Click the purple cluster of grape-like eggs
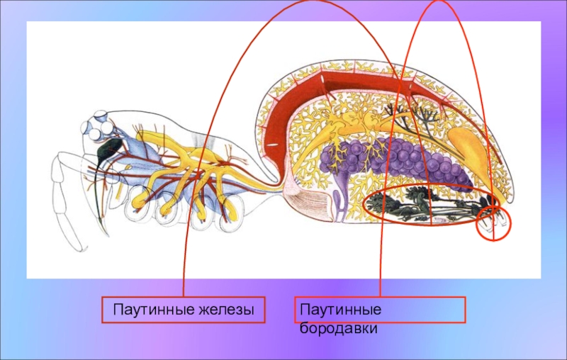coord(397,159)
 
